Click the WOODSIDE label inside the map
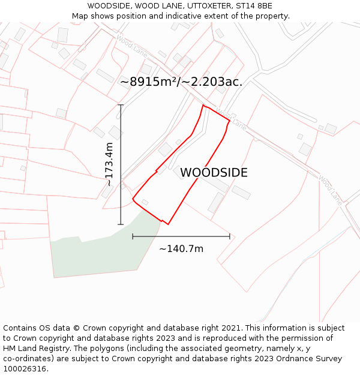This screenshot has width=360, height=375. [214, 173]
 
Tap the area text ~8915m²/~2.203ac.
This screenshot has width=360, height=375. [181, 82]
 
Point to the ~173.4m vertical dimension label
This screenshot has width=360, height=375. [109, 164]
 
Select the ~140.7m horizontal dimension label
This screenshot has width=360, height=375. [181, 248]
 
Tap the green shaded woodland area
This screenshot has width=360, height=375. [102, 255]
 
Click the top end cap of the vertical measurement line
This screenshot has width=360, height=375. [121, 105]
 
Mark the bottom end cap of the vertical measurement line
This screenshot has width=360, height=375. [121, 224]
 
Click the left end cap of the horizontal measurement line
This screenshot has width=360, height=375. [133, 236]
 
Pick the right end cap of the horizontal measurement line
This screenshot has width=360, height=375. [230, 236]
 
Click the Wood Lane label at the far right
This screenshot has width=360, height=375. [329, 190]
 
